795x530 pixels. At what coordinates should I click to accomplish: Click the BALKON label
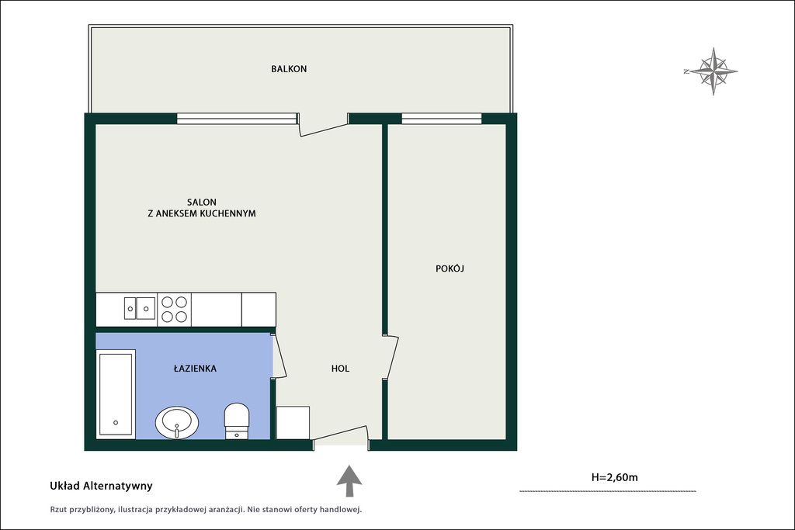289,69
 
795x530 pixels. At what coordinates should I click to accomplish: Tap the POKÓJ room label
450,268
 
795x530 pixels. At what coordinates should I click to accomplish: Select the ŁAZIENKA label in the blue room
195,369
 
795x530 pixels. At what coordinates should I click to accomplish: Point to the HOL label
340,369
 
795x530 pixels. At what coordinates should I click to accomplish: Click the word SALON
202,203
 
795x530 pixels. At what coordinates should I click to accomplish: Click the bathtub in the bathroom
116,394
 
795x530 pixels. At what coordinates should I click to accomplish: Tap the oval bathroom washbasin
177,422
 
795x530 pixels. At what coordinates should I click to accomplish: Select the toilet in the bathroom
237,421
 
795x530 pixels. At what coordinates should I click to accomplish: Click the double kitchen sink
140,308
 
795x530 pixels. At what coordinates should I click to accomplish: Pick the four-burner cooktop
174,310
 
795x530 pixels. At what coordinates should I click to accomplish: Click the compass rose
712,71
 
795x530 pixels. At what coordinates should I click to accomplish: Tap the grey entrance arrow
349,480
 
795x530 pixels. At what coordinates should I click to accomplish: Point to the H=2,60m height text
615,476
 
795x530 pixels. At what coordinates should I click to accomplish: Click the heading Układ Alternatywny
101,486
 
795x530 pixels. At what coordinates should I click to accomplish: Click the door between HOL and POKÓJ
391,357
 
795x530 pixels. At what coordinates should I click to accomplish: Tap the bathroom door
279,355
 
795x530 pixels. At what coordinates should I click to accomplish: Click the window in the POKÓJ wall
442,119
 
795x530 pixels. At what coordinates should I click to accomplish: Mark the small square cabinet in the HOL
293,423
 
